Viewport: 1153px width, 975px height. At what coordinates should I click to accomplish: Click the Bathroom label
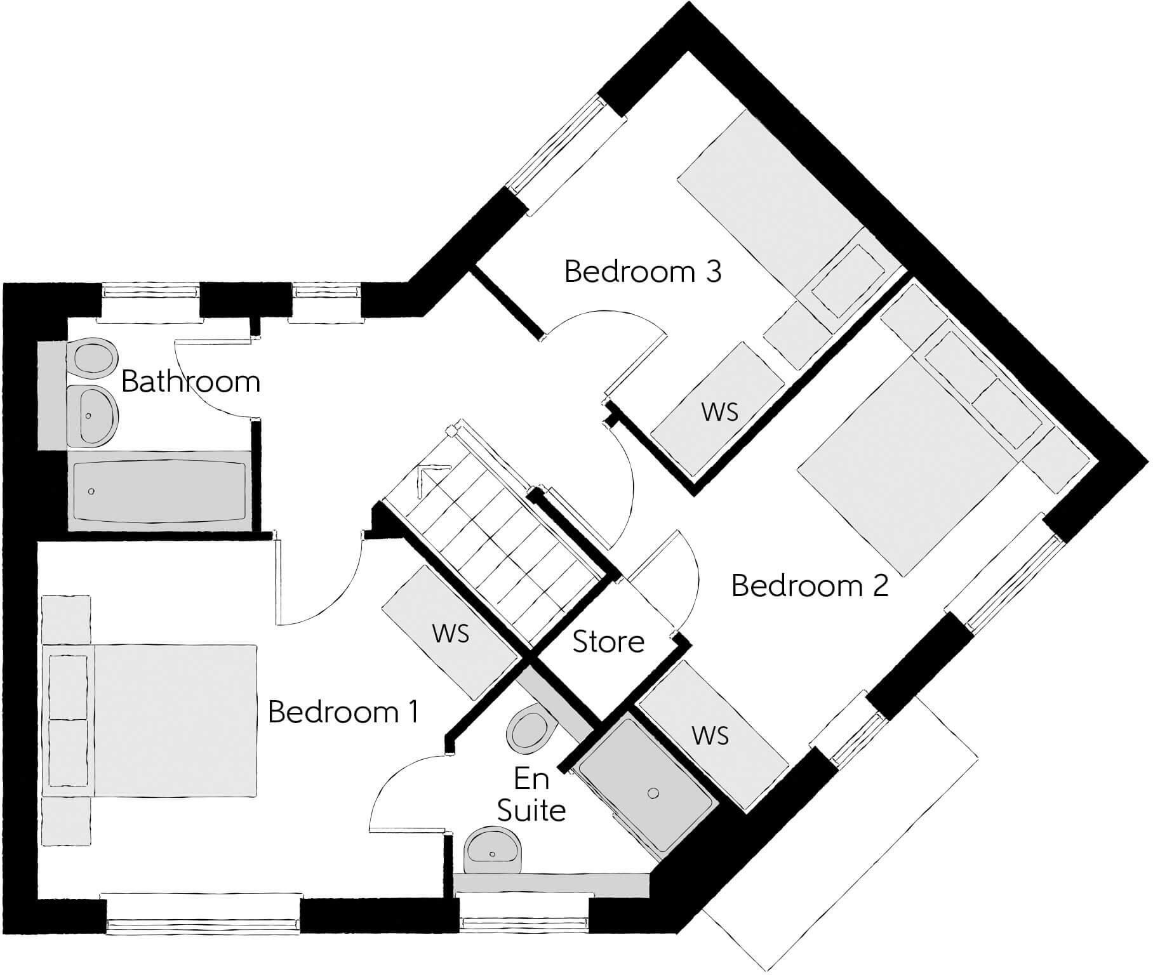pyautogui.click(x=190, y=382)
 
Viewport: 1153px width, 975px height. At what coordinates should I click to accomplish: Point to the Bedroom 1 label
pyautogui.click(x=343, y=712)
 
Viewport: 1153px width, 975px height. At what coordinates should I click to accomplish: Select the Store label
pyautogui.click(x=608, y=642)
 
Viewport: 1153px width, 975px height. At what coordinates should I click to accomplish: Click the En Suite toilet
pyautogui.click(x=527, y=730)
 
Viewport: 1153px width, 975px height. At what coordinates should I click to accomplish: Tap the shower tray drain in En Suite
pyautogui.click(x=653, y=793)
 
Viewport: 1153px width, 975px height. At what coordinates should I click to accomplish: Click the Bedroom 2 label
pyautogui.click(x=810, y=585)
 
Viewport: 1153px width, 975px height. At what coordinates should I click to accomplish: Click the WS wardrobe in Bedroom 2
pyautogui.click(x=711, y=736)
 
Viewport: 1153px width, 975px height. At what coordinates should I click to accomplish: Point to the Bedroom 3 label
pyautogui.click(x=643, y=272)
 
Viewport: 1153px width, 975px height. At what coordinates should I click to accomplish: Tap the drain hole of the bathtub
pyautogui.click(x=93, y=491)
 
